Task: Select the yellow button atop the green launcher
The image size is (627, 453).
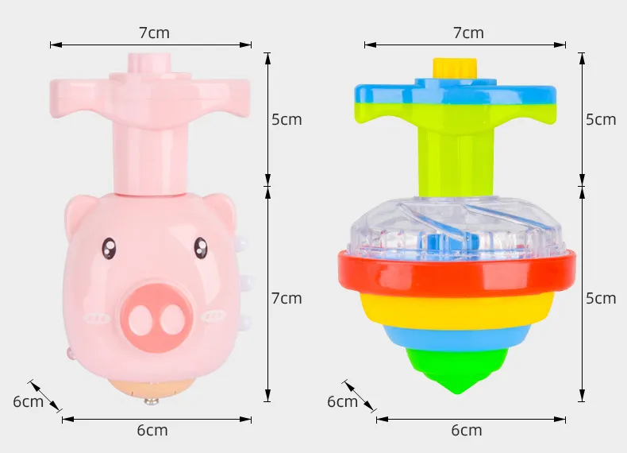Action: (454, 68)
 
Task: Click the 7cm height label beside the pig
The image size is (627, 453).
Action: (287, 298)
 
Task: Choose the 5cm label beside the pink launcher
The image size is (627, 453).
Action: (287, 119)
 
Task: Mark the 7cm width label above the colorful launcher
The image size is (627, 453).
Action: (467, 33)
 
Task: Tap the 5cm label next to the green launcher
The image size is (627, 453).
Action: (601, 119)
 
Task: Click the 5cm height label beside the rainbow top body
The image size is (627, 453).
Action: (601, 298)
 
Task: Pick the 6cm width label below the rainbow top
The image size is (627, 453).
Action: (467, 430)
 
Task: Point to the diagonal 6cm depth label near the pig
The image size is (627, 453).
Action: (28, 401)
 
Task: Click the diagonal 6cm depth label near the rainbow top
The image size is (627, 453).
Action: (343, 401)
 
